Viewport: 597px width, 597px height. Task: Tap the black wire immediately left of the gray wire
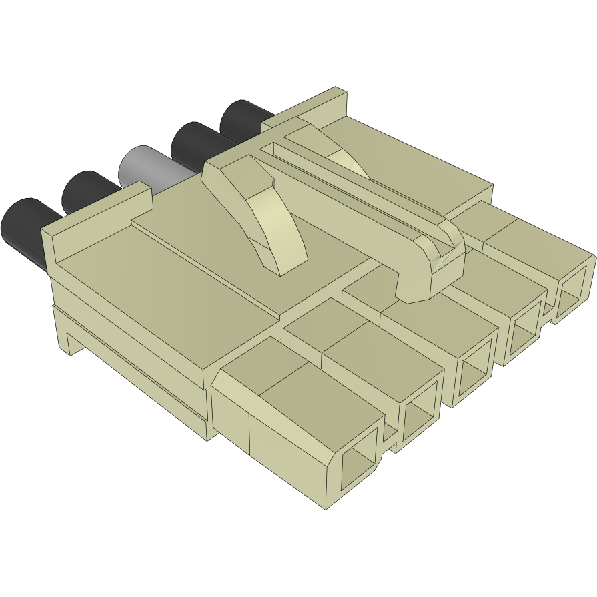pos(87,190)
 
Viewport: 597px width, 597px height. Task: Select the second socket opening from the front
pos(418,417)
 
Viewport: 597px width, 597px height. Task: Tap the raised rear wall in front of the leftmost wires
pos(93,220)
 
